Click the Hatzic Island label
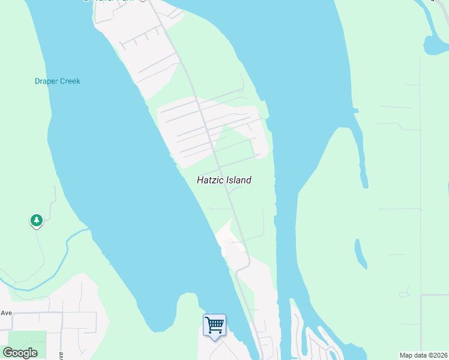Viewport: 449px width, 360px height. pyautogui.click(x=224, y=180)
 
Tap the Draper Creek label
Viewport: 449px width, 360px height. pyautogui.click(x=57, y=82)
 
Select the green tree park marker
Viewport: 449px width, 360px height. pyautogui.click(x=37, y=221)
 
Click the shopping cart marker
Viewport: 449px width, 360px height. pyautogui.click(x=214, y=325)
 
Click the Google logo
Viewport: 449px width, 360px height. pyautogui.click(x=20, y=352)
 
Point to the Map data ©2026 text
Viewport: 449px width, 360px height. pyautogui.click(x=423, y=355)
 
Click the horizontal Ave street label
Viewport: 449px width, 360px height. pyautogui.click(x=7, y=313)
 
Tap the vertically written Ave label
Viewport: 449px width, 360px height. pyautogui.click(x=61, y=355)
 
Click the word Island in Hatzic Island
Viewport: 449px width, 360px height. pyautogui.click(x=238, y=180)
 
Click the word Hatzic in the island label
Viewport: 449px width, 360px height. pyautogui.click(x=209, y=180)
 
